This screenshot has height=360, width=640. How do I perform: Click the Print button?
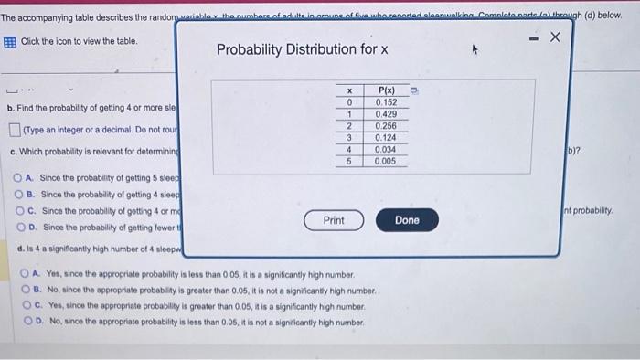point(334,220)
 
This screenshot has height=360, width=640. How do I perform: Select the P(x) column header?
point(385,90)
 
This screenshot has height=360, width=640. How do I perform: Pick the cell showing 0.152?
point(385,102)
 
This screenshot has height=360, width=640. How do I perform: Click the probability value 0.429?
point(385,114)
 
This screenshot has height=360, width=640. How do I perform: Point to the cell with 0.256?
point(385,126)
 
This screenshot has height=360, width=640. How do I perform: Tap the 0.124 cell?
point(385,138)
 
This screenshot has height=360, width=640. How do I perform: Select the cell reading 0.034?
point(385,149)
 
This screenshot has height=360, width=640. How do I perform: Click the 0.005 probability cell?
point(385,161)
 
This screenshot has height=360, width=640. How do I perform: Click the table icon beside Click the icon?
point(9,42)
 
